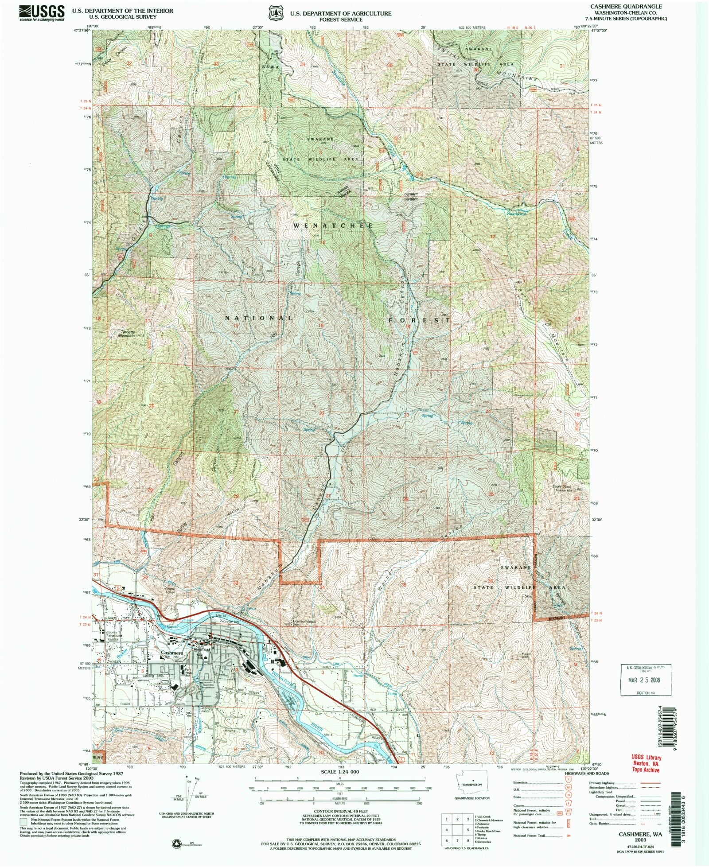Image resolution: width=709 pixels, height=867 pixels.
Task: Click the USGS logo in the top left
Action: (x=42, y=14)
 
